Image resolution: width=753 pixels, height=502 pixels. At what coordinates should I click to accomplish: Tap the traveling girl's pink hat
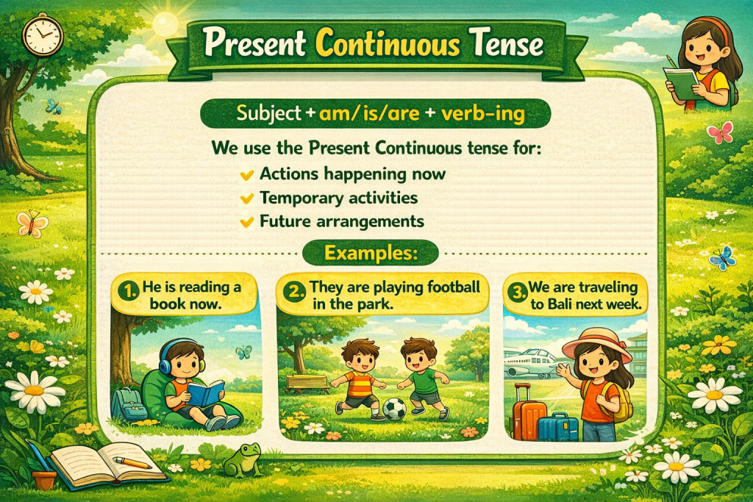pos(596,343)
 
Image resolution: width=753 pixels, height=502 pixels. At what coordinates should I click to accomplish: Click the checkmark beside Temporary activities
pos(247,198)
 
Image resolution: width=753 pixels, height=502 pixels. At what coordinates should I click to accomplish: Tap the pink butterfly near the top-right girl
pos(719,133)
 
